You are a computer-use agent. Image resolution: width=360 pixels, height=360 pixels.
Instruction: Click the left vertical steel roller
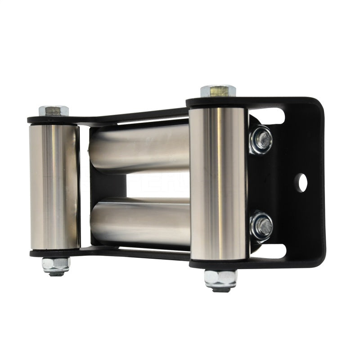point(54,187)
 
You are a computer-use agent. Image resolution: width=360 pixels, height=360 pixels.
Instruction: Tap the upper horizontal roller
point(139,148)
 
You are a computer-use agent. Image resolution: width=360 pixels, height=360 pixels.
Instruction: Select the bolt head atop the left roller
point(54,110)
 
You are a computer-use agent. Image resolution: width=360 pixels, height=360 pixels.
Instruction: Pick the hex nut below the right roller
point(220,278)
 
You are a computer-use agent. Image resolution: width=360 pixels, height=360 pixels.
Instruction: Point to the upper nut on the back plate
point(261,140)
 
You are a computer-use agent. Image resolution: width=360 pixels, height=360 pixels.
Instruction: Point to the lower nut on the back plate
point(261,226)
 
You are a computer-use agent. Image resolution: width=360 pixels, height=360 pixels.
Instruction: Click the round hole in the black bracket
point(301,182)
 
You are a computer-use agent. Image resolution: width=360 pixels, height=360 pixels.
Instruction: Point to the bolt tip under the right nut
point(220,289)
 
